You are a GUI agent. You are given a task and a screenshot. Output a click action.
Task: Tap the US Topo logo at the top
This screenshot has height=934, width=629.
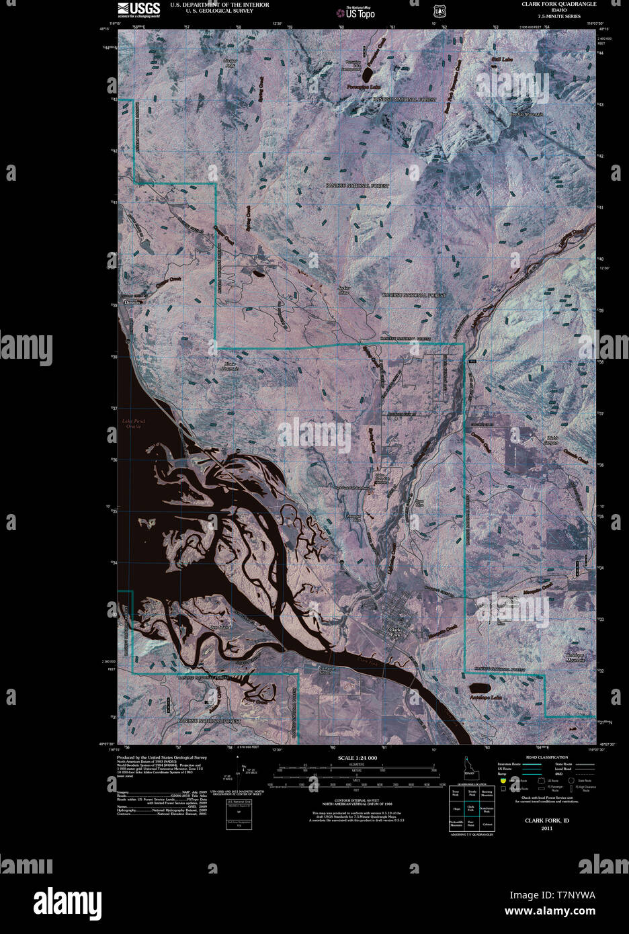pos(355,11)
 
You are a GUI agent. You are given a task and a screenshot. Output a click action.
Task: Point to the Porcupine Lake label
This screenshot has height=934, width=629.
pos(364,87)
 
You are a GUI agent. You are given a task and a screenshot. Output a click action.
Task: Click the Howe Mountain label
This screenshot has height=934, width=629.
pos(230,368)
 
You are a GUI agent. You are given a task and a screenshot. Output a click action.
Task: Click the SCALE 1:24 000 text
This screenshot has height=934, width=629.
pos(358,757)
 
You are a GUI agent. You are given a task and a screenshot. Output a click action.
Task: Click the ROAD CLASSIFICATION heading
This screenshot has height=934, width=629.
pos(547,757)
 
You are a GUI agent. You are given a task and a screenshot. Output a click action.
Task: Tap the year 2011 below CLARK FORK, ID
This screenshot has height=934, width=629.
pos(547,829)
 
